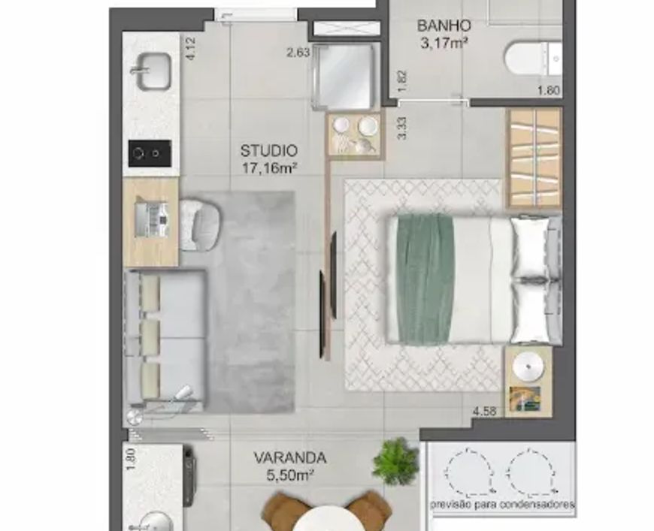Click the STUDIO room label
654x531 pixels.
269,150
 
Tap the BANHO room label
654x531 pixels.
444,26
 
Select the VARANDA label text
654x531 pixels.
290,458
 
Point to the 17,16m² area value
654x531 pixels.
269,168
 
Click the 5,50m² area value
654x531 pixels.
290,475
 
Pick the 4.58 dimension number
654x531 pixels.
484,412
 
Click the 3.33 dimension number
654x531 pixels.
402,128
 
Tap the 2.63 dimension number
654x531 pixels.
298,53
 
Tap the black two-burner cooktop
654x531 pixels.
150,153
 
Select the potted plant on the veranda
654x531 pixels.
395,461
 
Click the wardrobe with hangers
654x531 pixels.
534,158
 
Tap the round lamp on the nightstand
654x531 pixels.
528,367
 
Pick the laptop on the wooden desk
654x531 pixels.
152,220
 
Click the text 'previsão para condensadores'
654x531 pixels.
503,505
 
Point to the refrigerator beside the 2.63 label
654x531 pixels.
344,77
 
